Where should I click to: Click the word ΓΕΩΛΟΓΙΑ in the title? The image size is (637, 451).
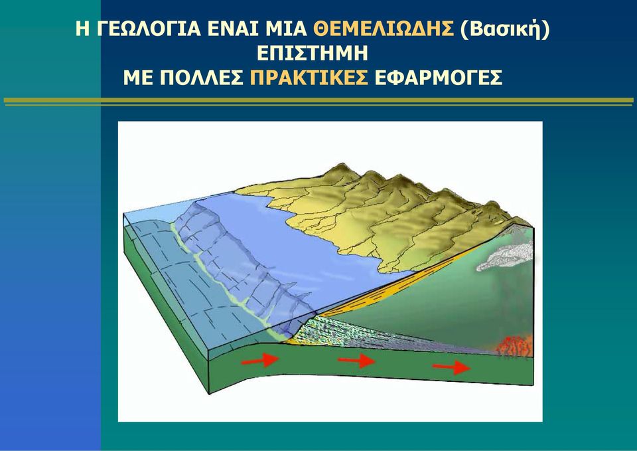point(149,29)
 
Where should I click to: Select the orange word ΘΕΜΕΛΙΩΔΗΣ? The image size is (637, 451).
point(384,29)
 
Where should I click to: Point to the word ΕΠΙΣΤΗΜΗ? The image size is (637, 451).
point(313,53)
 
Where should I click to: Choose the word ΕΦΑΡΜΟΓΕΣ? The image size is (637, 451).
point(439,78)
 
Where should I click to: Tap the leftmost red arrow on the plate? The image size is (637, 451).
point(260,359)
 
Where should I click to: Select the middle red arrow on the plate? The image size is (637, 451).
point(356,360)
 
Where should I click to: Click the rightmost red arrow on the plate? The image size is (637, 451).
point(452,367)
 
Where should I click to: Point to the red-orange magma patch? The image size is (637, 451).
point(514,347)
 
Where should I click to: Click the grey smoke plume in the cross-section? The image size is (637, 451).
point(506,256)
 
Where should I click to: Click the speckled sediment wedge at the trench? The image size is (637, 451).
point(358,333)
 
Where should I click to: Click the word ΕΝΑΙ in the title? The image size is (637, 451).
point(233,29)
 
